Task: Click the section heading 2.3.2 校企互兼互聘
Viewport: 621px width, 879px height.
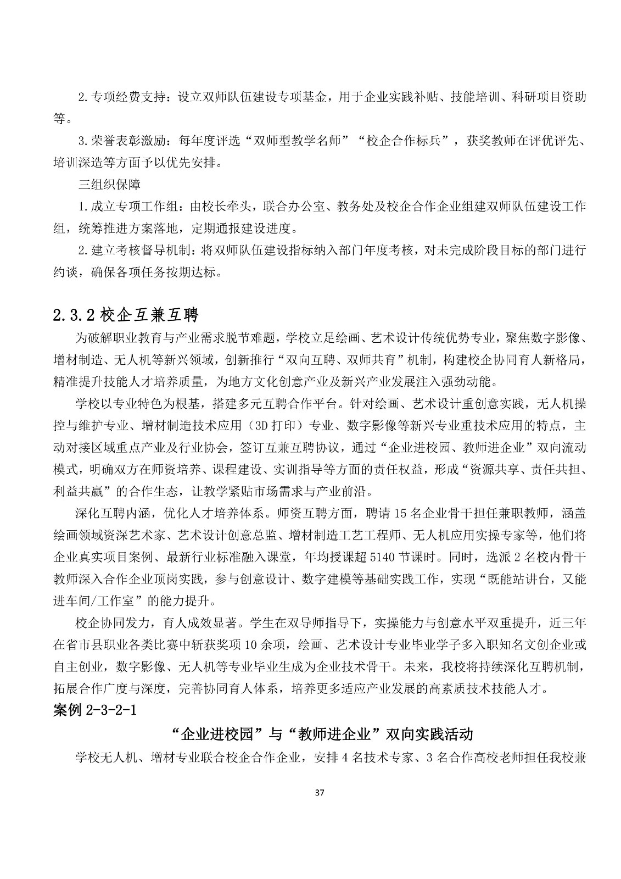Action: coord(125,315)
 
